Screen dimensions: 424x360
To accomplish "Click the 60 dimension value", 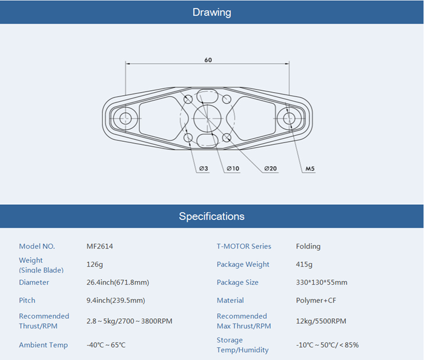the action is point(208,60).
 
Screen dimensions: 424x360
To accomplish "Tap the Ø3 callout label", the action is point(204,168).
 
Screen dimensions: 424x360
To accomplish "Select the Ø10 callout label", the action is point(233,168).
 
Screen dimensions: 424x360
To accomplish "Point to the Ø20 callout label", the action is point(270,168).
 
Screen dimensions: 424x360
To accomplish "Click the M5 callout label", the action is point(310,168).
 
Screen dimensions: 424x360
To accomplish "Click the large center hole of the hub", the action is point(207,118).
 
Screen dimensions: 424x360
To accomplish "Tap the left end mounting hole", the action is point(125,118).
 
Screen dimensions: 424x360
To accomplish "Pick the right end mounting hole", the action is point(289,118).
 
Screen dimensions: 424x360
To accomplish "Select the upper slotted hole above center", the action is point(207,96).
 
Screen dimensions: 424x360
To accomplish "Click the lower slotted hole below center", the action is point(207,141).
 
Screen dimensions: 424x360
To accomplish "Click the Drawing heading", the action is point(212,13).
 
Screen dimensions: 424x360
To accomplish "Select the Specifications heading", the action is point(212,216).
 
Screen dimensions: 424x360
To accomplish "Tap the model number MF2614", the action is point(99,246).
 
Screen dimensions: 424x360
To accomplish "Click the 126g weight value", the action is point(94,264).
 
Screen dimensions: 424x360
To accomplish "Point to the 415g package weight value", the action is point(304,264).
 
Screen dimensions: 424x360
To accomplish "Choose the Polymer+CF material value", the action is point(316,300).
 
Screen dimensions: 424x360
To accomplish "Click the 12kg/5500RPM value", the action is point(321,321).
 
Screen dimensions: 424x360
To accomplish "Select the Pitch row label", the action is point(27,300).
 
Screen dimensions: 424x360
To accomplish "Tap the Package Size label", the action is point(237,282).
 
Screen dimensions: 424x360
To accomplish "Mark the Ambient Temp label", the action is point(43,345).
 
